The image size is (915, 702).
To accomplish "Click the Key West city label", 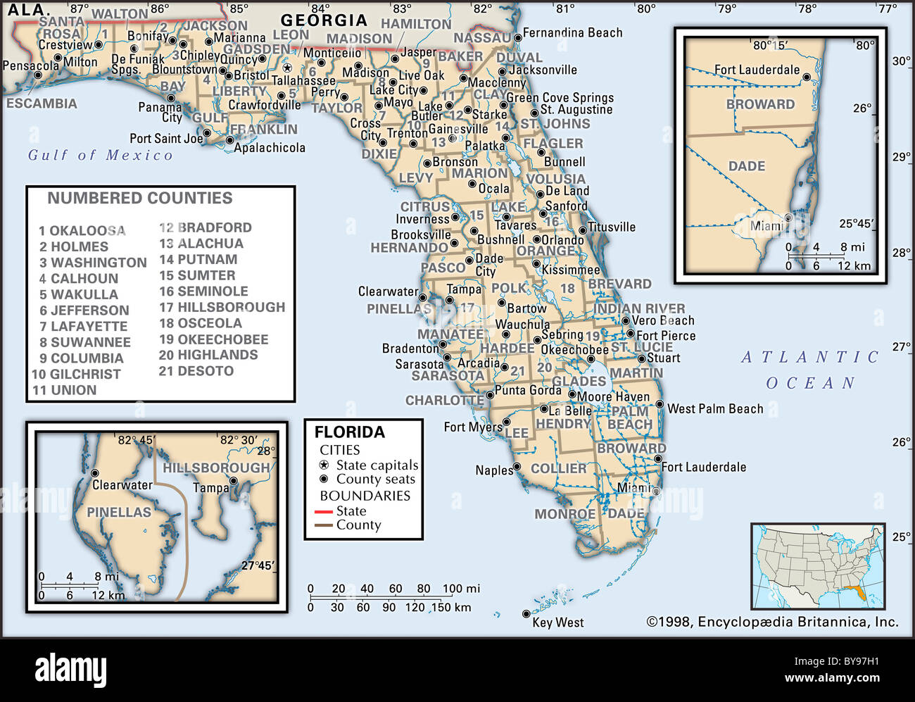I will (557, 622).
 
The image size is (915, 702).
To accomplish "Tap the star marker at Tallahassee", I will (287, 68).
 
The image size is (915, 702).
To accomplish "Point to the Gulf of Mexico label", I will (100, 155).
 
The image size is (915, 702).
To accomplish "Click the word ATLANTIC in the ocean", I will (810, 358).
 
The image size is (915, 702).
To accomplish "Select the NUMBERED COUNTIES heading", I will (139, 199).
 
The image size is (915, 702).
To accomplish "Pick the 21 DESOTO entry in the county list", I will (196, 371).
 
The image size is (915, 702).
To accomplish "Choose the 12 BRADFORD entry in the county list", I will (205, 227).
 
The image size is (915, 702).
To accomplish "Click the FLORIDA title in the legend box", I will (349, 432).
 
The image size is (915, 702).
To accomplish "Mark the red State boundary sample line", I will (324, 512).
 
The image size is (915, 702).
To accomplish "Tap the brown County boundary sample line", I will (324, 525).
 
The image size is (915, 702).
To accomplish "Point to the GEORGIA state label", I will (324, 20).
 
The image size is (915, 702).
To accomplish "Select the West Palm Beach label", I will (714, 409).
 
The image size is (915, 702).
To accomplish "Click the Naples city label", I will (493, 470).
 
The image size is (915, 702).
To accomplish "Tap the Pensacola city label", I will (30, 66).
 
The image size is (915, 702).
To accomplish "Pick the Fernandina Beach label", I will (572, 33).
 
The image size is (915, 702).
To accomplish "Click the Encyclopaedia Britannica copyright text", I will (772, 622).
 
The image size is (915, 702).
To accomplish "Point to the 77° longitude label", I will (887, 9).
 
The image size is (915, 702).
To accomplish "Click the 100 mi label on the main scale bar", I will (461, 589).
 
